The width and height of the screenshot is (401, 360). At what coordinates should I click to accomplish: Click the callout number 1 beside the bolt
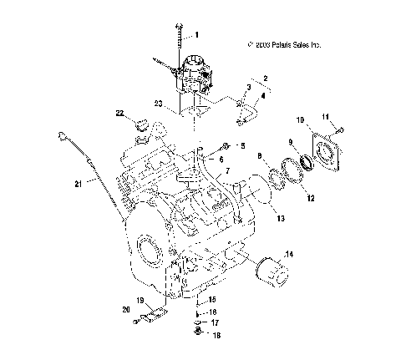[198, 35]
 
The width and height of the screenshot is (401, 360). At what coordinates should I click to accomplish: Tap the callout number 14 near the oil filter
[289, 254]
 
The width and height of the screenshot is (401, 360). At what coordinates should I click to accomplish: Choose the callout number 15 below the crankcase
[212, 298]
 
